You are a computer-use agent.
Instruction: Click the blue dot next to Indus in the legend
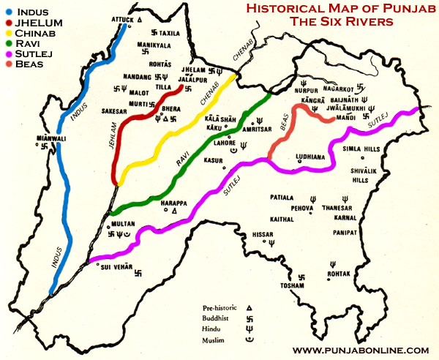(7, 11)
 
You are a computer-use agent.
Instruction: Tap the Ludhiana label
(309, 157)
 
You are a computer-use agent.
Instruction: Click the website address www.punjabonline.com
(360, 350)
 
